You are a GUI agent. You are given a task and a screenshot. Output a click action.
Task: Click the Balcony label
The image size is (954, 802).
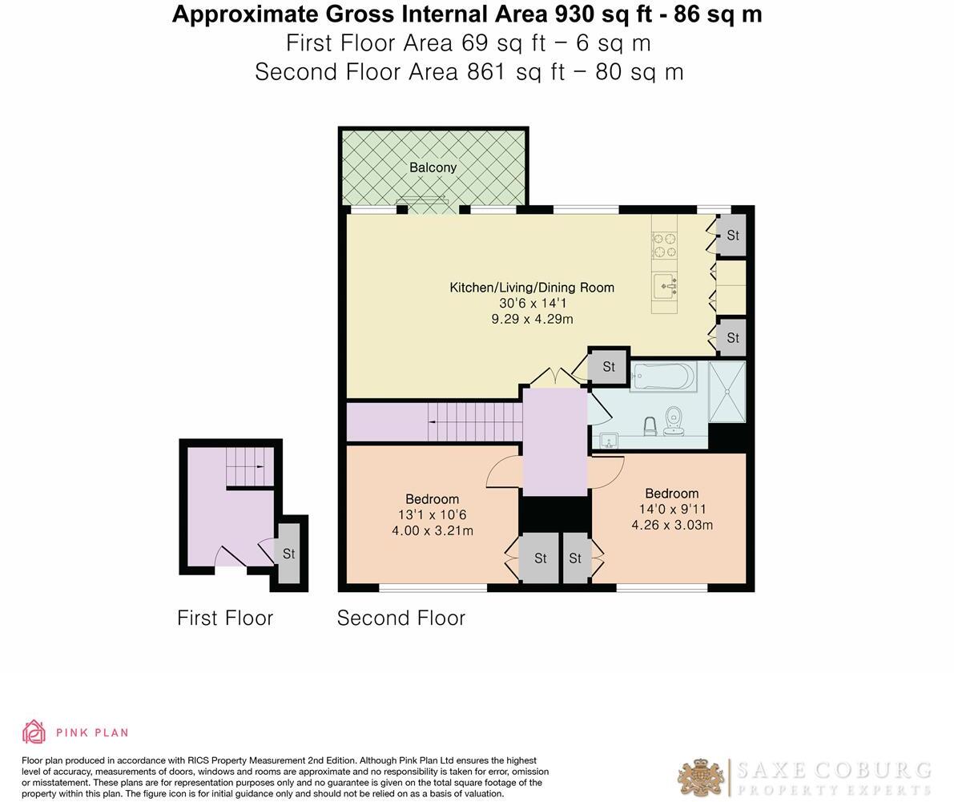(433, 167)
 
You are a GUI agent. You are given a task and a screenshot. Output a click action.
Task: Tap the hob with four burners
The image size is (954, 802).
(663, 244)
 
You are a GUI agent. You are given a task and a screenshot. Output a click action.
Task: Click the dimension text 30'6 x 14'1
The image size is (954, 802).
(532, 304)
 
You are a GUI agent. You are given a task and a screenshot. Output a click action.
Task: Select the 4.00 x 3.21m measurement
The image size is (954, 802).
(432, 530)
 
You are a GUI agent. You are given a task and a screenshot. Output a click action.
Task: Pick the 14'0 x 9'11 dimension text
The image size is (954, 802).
(671, 510)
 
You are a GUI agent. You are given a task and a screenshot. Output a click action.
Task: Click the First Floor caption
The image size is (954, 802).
(225, 618)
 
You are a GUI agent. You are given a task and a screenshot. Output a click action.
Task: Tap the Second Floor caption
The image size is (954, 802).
(401, 618)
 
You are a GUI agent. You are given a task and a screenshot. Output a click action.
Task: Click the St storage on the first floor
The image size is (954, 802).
(288, 554)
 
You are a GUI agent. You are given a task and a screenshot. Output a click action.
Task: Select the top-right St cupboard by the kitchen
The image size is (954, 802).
(732, 236)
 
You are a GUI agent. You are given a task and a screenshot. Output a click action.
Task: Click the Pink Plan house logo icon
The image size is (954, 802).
(34, 731)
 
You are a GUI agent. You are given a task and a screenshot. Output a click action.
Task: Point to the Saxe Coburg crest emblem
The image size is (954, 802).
(702, 777)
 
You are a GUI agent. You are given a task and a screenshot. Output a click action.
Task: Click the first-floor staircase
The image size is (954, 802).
(249, 466)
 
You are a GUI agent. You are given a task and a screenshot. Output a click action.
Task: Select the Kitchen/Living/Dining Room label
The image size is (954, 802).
(532, 288)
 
